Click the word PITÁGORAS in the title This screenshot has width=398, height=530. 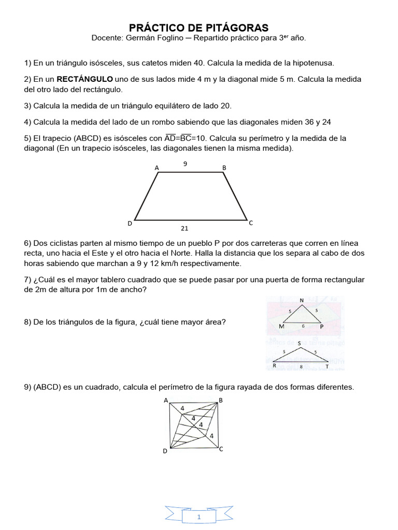pos(236,27)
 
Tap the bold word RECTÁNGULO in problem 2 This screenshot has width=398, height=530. pos(84,79)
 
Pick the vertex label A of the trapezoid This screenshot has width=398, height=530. pos(157,168)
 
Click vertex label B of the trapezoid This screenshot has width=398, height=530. pos(224,168)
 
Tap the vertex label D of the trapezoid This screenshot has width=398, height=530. pos(130,224)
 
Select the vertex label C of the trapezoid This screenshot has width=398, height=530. pos(251,223)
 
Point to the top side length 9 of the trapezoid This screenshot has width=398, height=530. pos(185,164)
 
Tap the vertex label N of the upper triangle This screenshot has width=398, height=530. pos(302,301)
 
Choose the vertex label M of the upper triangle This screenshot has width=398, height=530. pos(281,327)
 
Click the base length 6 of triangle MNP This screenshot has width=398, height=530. pos(303,326)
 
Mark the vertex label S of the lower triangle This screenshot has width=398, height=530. pos(299,343)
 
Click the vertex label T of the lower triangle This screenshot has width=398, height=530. pos(327,366)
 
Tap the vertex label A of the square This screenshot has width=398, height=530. pos(166,400)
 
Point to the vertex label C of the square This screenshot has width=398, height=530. pos(221,449)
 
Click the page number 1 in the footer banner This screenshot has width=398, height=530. pos(199,517)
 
